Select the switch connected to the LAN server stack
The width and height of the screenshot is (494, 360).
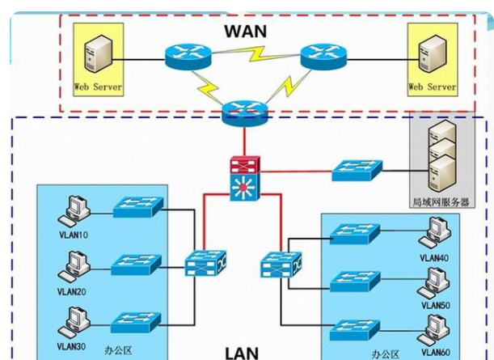[x=357, y=171]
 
